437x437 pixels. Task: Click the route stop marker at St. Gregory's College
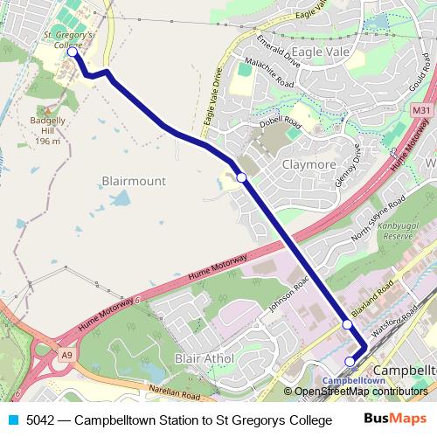pyautogui.click(x=72, y=52)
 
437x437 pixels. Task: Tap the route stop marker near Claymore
pyautogui.click(x=241, y=177)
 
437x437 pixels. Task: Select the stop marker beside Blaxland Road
pyautogui.click(x=347, y=324)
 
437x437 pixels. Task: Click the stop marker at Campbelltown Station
pyautogui.click(x=350, y=361)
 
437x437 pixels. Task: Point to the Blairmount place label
pyautogui.click(x=134, y=181)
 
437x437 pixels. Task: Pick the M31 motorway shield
pyautogui.click(x=420, y=111)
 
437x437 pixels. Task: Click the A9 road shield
pyautogui.click(x=67, y=355)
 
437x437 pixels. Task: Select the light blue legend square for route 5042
pyautogui.click(x=13, y=420)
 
